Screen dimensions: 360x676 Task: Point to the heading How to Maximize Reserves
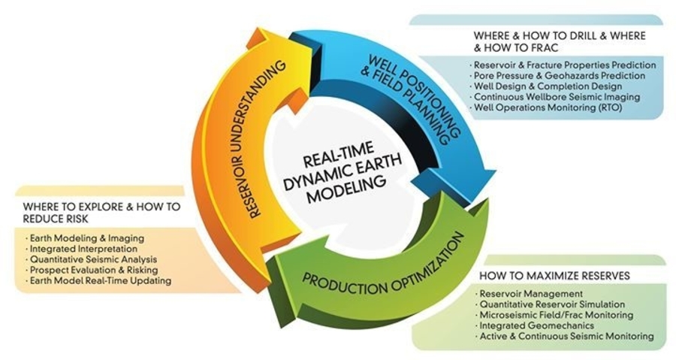tap(554, 276)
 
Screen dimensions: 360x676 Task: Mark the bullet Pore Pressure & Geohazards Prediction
tap(559, 76)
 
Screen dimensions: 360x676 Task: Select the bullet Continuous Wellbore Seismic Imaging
tap(557, 97)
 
